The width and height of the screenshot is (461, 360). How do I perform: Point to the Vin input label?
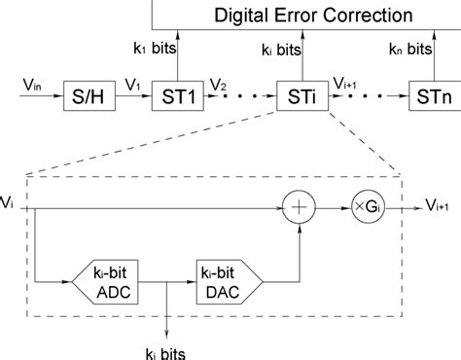[x=32, y=86]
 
